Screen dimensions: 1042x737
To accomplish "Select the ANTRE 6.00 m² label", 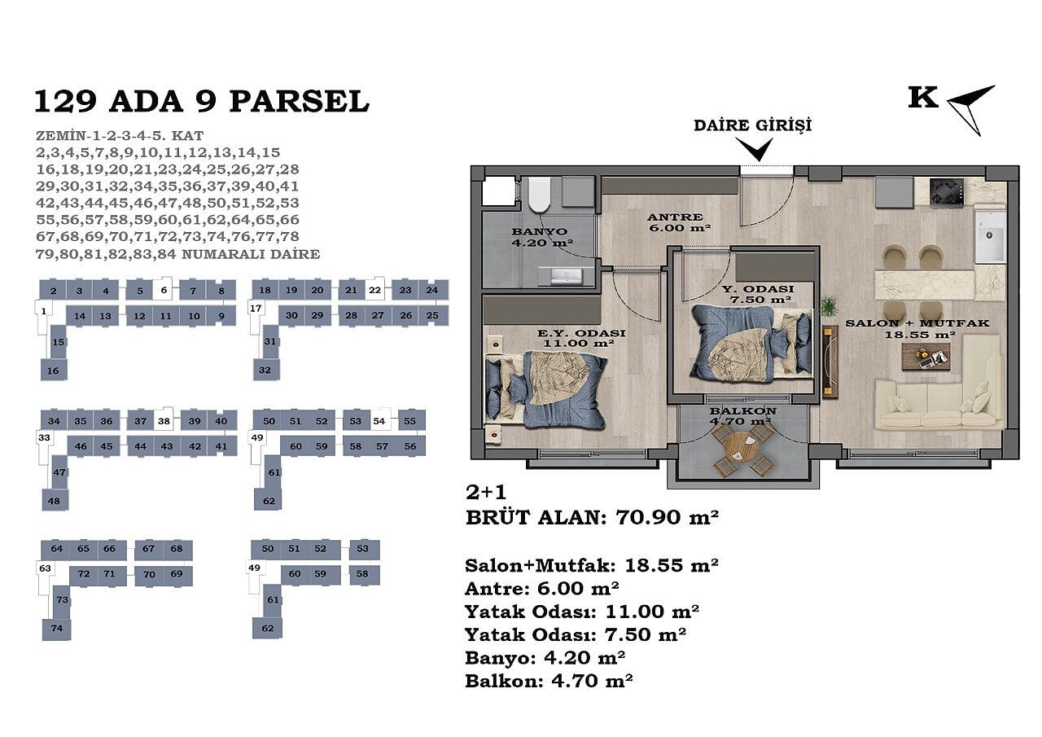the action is pos(679,222).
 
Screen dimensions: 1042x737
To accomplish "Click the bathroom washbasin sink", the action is pos(566,276).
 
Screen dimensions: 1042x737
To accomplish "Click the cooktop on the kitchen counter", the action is pos(947,191).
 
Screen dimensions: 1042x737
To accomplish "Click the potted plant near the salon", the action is pos(829,307).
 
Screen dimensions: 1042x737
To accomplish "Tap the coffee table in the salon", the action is pos(926,357).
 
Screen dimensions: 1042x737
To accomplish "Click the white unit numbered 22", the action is pos(374,290).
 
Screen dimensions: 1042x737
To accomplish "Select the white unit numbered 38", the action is pos(164,421).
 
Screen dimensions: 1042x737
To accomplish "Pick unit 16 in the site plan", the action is pos(54,370).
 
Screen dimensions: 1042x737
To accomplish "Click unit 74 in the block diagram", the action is pos(57,629).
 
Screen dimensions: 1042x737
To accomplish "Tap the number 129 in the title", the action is pos(65,102).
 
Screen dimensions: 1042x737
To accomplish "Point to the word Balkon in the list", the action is pos(504,681).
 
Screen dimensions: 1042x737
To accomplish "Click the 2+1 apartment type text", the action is pos(486,492).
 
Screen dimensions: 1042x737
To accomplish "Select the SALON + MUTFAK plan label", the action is pos(917,323).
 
